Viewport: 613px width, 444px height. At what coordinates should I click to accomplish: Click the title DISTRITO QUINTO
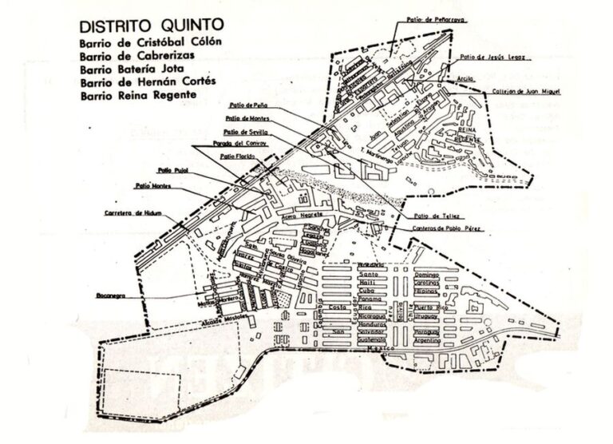(147, 23)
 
